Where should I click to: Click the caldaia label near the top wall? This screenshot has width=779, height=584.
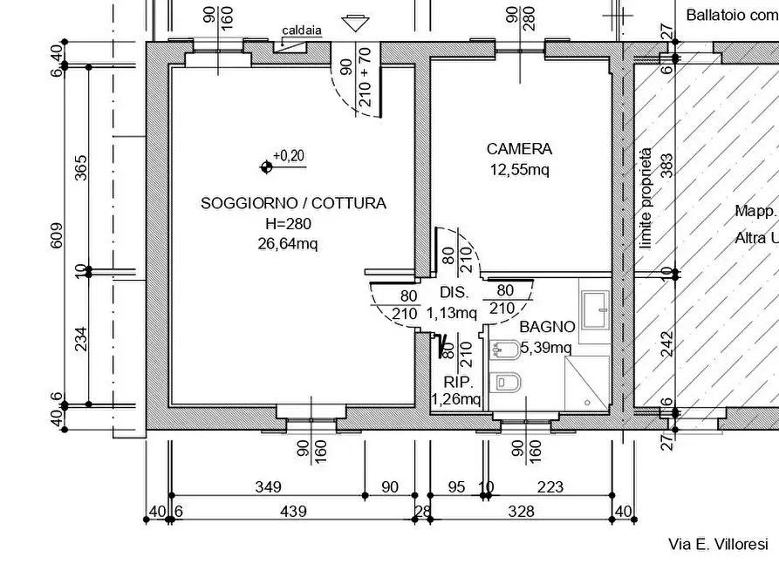tap(302, 31)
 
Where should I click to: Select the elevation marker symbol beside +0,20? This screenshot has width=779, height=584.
tap(265, 166)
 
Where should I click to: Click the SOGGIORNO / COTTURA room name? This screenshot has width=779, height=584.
tap(293, 203)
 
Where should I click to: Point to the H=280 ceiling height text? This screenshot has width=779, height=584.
tap(288, 223)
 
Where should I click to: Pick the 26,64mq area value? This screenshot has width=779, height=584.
tap(288, 243)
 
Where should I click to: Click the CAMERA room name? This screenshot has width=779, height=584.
tap(519, 149)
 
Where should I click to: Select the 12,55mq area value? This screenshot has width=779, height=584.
tap(519, 169)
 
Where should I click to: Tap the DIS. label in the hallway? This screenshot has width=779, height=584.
tap(454, 292)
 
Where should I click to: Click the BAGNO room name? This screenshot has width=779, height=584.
tap(547, 327)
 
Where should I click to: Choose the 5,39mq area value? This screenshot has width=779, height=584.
tap(545, 348)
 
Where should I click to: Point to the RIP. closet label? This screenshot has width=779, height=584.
tap(458, 382)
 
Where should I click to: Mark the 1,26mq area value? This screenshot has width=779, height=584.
tap(456, 400)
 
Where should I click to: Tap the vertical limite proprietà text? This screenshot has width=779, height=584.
tap(646, 198)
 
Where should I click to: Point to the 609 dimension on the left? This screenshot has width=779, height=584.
tap(58, 235)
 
